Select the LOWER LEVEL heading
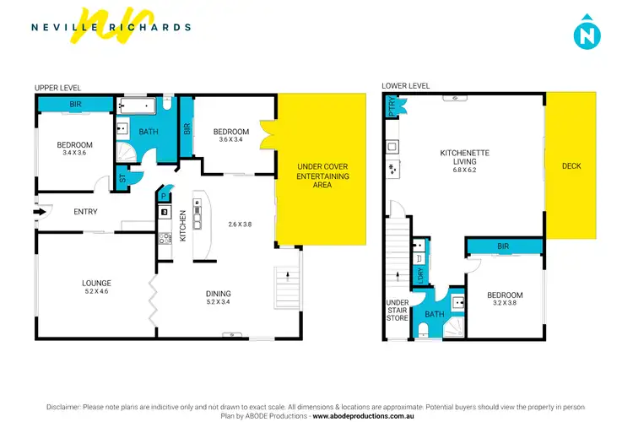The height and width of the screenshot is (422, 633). click(406, 86)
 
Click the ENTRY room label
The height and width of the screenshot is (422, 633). click(86, 212)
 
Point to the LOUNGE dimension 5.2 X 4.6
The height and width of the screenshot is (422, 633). click(97, 291)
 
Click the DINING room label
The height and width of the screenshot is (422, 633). click(219, 294)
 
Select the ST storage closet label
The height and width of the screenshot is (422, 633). click(123, 179)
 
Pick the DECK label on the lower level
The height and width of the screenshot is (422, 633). click(571, 166)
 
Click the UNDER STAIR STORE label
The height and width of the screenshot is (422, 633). click(398, 311)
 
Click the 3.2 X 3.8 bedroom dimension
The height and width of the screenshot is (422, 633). click(506, 304)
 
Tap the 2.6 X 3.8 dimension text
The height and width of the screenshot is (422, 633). click(241, 225)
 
